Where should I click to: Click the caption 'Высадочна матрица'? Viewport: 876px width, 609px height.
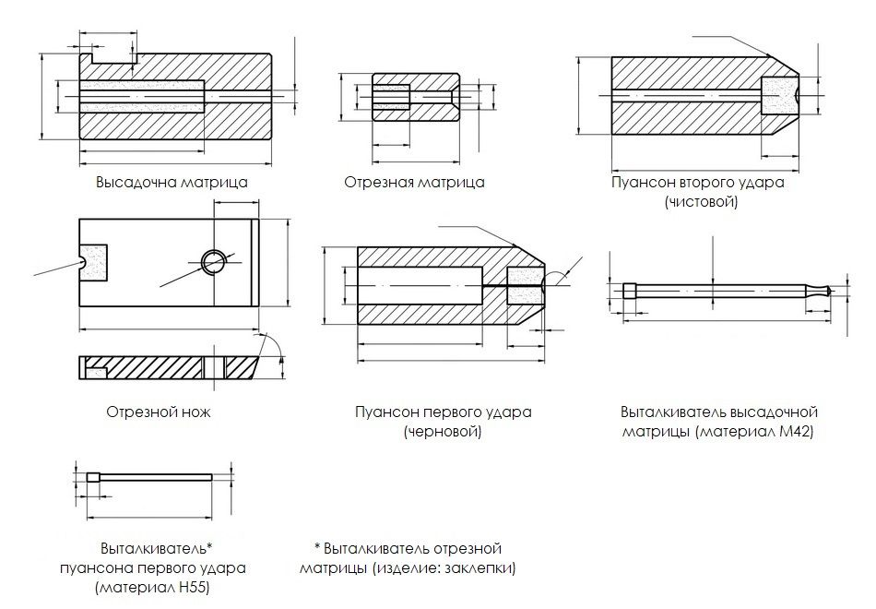[x=172, y=182]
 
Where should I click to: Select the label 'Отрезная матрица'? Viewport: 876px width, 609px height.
[x=414, y=182]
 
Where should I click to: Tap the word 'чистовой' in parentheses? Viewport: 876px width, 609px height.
[x=700, y=201]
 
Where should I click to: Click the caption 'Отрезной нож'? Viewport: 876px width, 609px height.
[x=159, y=412]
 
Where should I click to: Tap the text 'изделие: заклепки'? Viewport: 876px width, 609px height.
[x=457, y=567]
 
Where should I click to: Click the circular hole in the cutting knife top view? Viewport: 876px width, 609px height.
[x=214, y=262]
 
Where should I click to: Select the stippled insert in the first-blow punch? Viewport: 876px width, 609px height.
[x=523, y=288]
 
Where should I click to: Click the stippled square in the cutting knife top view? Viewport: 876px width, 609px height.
[x=94, y=262]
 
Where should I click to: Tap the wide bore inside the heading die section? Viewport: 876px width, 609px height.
[x=142, y=95]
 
